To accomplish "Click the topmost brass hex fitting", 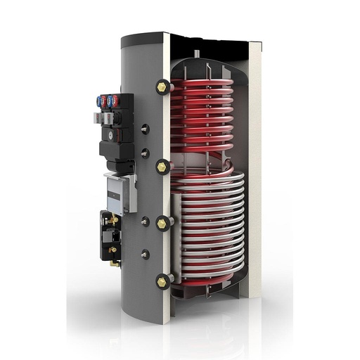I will point(163,86).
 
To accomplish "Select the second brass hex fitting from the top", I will point(163,166).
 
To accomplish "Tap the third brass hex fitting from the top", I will point(162,223).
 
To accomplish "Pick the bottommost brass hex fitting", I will point(163,281).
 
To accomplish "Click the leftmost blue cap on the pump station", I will point(99,101).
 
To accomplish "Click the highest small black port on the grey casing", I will point(144,129).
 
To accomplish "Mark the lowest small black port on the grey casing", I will point(145,253).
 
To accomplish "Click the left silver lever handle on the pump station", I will point(97,118).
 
